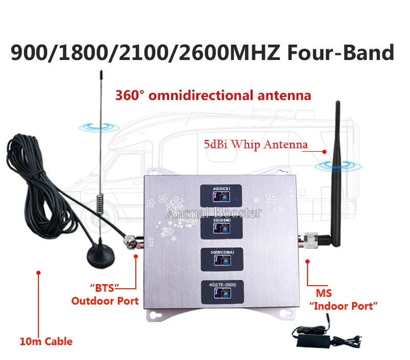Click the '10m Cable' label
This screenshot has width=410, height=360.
[46, 341]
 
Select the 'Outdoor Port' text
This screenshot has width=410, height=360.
[105, 301]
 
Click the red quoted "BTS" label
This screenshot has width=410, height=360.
[101, 287]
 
